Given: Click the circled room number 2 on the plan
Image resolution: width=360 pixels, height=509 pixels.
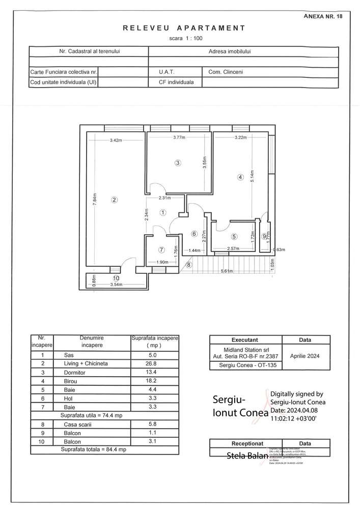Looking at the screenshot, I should (114, 200).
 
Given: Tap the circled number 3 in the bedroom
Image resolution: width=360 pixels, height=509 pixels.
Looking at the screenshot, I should (177, 163).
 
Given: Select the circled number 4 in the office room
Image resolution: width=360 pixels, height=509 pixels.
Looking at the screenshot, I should (240, 177).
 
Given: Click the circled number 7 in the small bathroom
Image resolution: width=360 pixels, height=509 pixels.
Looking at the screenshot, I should (161, 250).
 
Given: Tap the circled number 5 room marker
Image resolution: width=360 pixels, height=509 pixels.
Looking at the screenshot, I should (234, 236).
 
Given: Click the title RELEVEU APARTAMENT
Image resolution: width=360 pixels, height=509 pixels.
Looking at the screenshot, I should (184, 29).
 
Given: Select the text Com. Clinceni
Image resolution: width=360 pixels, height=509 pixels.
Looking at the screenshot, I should (226, 72).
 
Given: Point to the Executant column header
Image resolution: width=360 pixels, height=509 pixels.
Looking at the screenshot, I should (245, 340).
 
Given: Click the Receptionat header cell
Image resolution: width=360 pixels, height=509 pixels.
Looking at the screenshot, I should (245, 443).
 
